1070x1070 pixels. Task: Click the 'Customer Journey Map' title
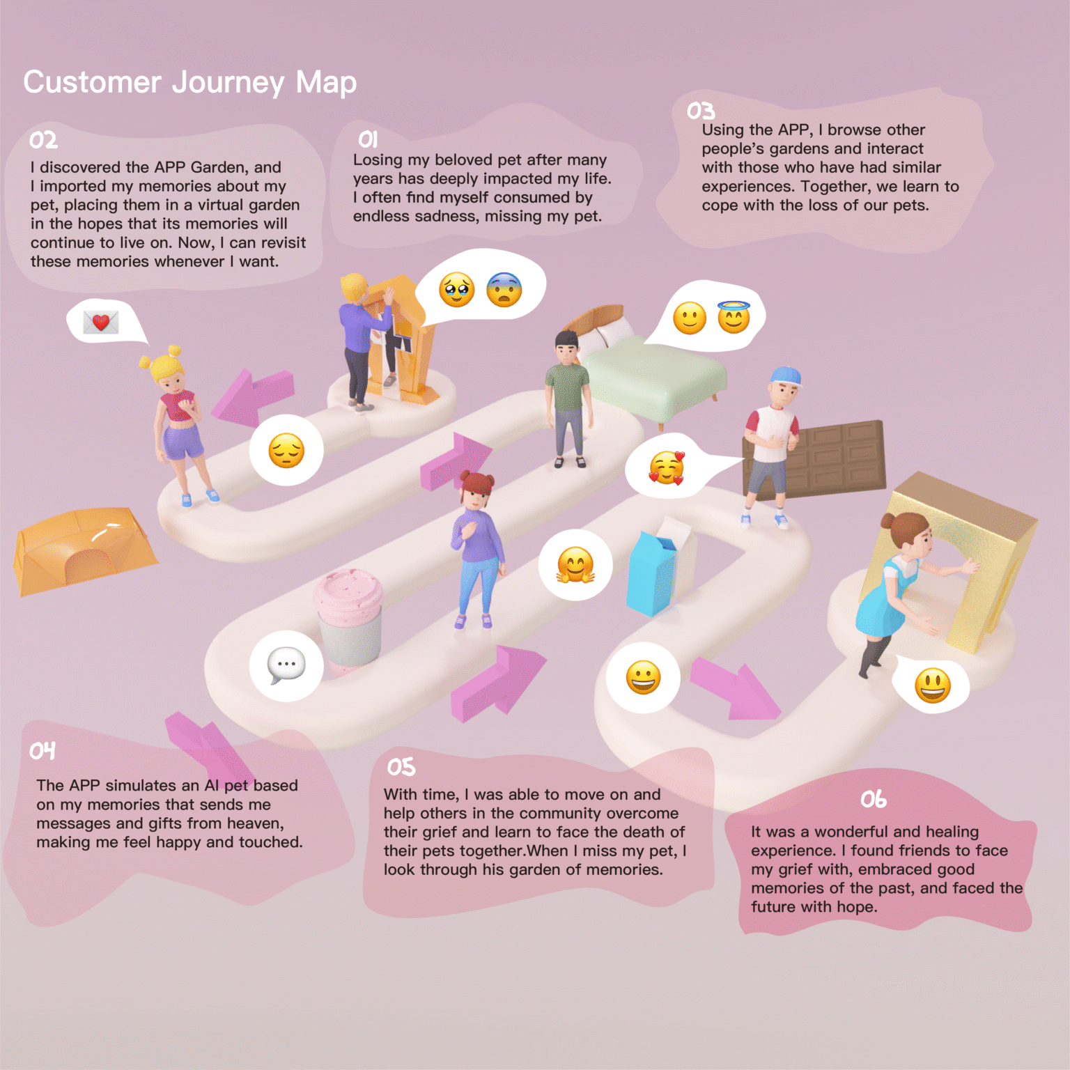coord(189,82)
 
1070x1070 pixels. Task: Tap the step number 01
coord(368,139)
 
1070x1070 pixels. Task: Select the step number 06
coord(873,798)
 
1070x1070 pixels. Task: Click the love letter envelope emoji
coord(101,322)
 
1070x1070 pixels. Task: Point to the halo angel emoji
coord(734,318)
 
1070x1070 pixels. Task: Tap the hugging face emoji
coord(575,564)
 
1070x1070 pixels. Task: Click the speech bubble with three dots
coord(286,665)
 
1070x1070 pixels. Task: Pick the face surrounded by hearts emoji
coord(667,467)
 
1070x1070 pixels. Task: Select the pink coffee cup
coord(348,617)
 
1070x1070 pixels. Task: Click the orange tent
coord(82,550)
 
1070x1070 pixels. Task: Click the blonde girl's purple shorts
coord(183,440)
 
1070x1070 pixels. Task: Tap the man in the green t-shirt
coord(568,397)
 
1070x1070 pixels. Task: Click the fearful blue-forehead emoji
coord(504,289)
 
